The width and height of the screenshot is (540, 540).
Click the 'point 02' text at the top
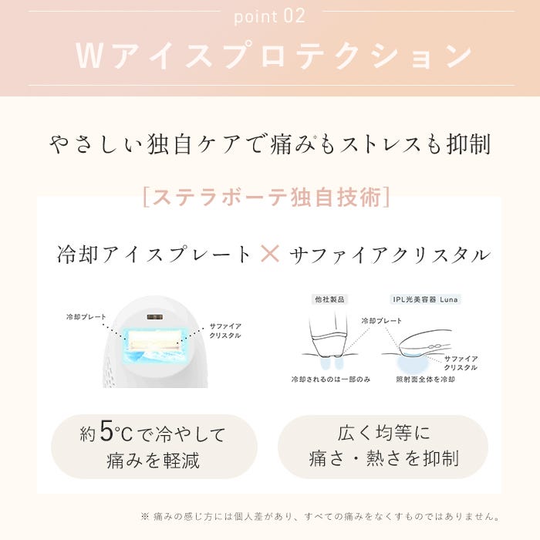click(x=270, y=16)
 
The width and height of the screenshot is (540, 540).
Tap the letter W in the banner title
click(x=89, y=56)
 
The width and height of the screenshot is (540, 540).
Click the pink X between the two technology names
click(x=270, y=254)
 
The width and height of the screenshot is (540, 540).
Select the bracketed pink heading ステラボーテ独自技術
click(x=267, y=197)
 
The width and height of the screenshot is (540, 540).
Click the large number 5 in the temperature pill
click(x=106, y=430)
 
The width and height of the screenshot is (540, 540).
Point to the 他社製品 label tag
click(x=329, y=299)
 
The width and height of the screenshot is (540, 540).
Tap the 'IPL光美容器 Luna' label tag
click(x=425, y=299)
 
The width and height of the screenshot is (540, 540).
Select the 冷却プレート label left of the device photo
click(x=86, y=316)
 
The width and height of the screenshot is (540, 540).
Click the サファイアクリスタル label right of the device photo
click(x=225, y=331)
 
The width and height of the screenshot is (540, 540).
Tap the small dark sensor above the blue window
click(x=155, y=317)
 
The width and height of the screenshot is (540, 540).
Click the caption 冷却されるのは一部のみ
click(x=331, y=380)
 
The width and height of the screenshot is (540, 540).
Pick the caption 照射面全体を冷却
click(x=425, y=380)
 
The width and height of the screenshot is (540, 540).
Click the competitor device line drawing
click(x=327, y=338)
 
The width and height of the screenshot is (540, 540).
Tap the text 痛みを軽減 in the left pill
click(x=153, y=460)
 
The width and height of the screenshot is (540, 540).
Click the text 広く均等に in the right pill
click(x=383, y=433)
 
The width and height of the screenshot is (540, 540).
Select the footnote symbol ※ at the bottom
click(x=145, y=516)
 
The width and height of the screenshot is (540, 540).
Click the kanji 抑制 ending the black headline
click(x=468, y=143)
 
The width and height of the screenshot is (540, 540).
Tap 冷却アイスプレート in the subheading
click(x=154, y=255)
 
